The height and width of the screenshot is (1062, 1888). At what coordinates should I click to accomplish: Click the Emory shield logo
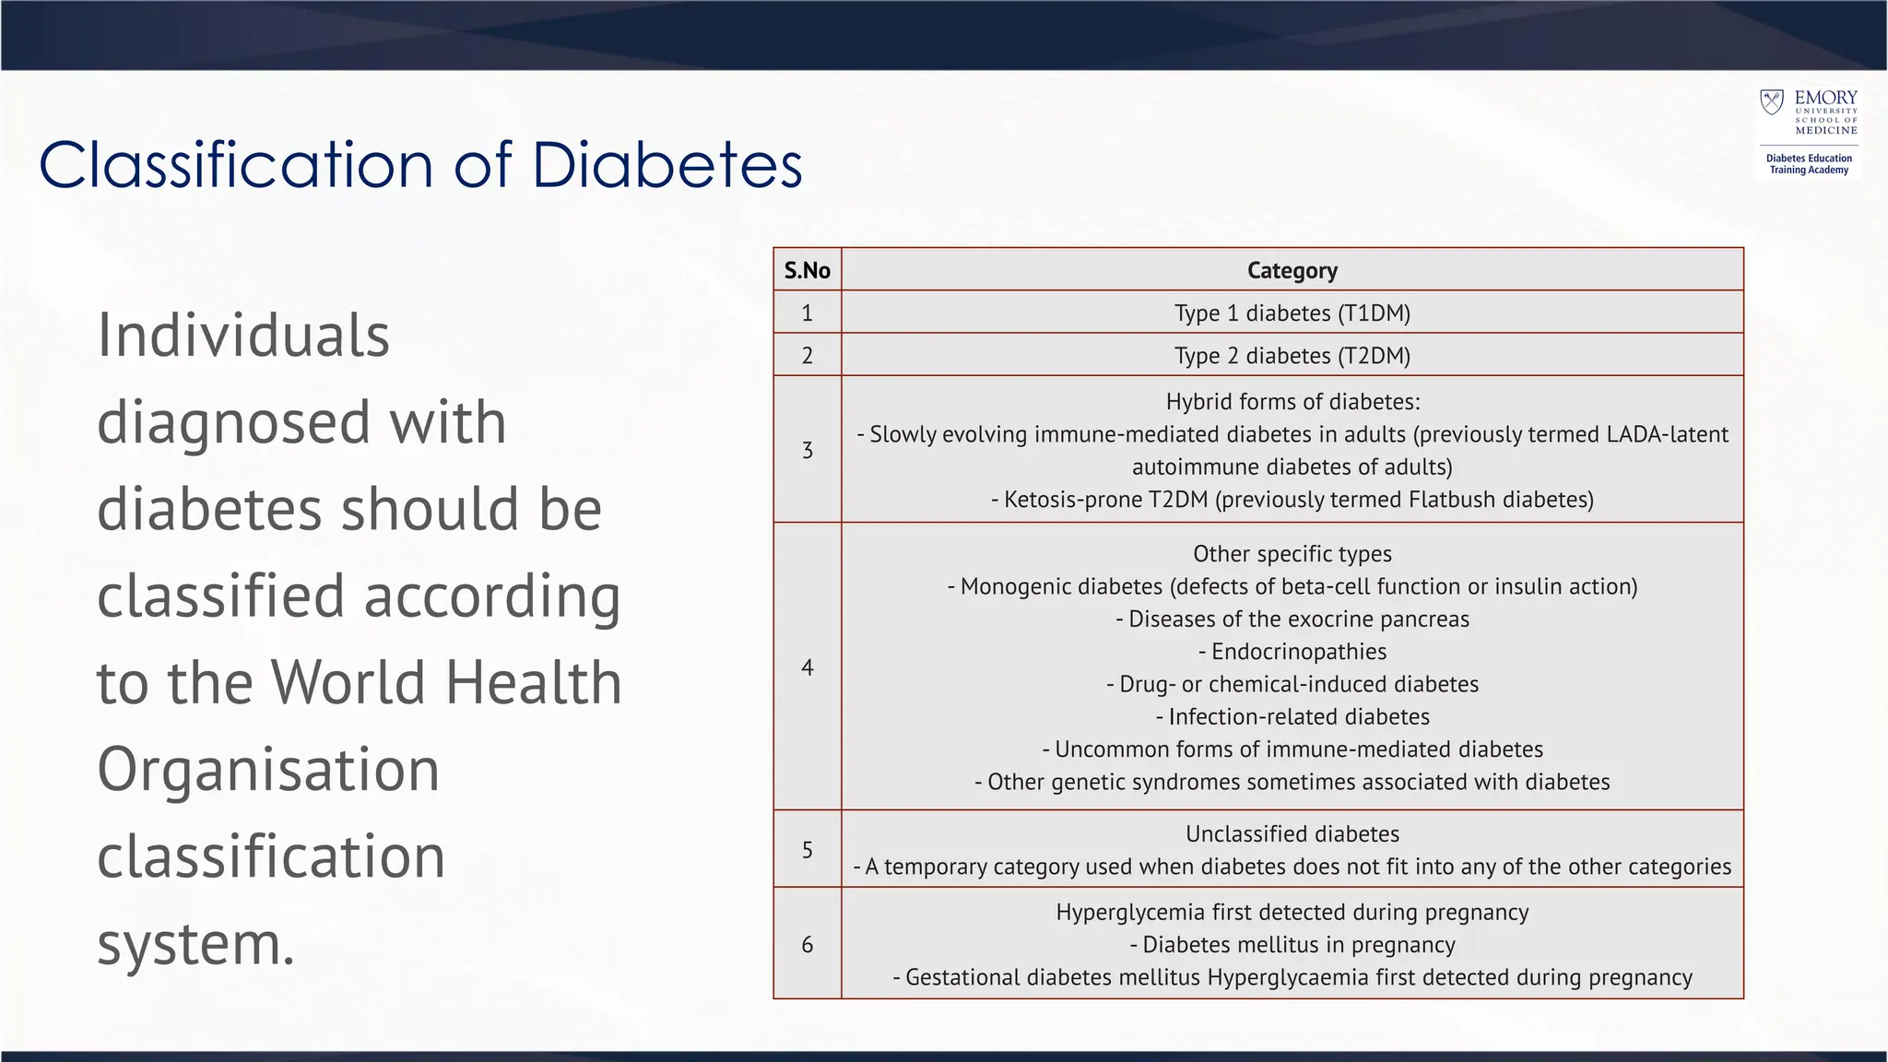click(x=1771, y=102)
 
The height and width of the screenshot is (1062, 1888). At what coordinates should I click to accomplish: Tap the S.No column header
click(x=807, y=270)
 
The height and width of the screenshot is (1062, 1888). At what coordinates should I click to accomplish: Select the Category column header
click(x=1292, y=270)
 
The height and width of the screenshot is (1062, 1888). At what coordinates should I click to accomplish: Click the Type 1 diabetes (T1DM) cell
click(x=1292, y=313)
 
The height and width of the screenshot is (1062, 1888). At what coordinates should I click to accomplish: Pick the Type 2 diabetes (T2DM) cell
click(x=1292, y=356)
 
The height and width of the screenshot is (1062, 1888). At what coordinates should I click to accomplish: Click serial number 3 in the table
click(x=808, y=450)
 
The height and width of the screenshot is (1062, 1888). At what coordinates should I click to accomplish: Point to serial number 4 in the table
click(x=808, y=667)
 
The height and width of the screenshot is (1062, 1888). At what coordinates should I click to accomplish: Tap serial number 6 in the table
click(x=808, y=944)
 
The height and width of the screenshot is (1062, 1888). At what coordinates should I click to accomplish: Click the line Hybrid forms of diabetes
click(x=1292, y=402)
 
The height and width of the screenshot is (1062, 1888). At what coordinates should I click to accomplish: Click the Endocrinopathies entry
click(x=1292, y=652)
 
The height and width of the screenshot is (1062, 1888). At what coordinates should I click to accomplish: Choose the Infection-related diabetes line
click(x=1292, y=717)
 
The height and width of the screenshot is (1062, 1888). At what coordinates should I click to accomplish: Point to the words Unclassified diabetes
click(x=1292, y=834)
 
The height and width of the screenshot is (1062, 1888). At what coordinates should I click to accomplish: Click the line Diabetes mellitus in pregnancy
click(x=1292, y=945)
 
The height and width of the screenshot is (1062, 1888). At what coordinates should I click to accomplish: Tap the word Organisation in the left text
click(x=268, y=770)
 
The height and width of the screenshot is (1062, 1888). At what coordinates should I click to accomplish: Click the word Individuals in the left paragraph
click(x=243, y=336)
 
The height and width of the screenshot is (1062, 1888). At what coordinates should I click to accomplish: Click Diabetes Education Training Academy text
click(x=1809, y=164)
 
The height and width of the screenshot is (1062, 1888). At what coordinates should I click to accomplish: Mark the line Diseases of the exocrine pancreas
click(x=1292, y=619)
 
